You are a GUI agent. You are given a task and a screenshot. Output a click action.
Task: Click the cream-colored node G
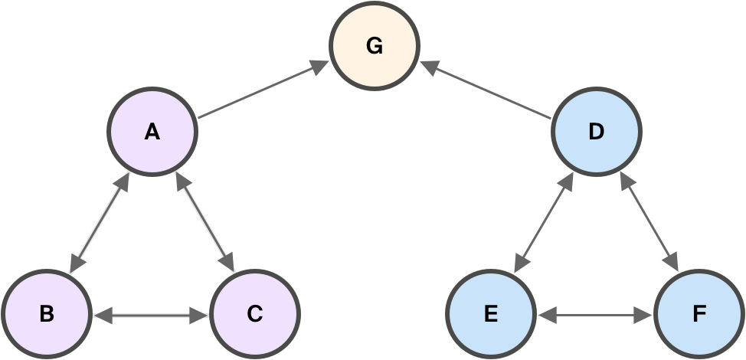coord(375,47)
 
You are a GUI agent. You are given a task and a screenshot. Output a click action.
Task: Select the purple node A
coord(152,133)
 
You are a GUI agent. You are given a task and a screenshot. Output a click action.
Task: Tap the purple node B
coord(46,314)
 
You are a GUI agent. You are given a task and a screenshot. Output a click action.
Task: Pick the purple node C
coord(255,314)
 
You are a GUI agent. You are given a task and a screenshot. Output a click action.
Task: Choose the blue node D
coord(596,133)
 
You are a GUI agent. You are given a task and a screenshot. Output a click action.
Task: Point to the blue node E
coord(491,314)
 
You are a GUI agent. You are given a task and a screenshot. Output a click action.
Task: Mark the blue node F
coord(699,314)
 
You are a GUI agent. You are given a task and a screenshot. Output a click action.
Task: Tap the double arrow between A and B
coord(98,223)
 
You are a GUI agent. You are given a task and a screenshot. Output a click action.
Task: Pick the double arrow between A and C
coord(204,223)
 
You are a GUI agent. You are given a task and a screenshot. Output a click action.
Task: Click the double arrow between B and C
coord(151,314)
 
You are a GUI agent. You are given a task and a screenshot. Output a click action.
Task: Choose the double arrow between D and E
coord(543,223)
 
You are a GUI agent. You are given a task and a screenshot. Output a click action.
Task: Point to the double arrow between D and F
coord(649,223)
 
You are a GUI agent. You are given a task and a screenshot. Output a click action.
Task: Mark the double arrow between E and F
coord(595,314)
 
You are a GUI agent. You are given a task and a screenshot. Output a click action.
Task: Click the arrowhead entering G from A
coord(322,68)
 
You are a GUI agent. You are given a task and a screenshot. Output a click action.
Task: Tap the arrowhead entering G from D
coord(427,68)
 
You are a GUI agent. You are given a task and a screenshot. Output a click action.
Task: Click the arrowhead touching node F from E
coord(647,314)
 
